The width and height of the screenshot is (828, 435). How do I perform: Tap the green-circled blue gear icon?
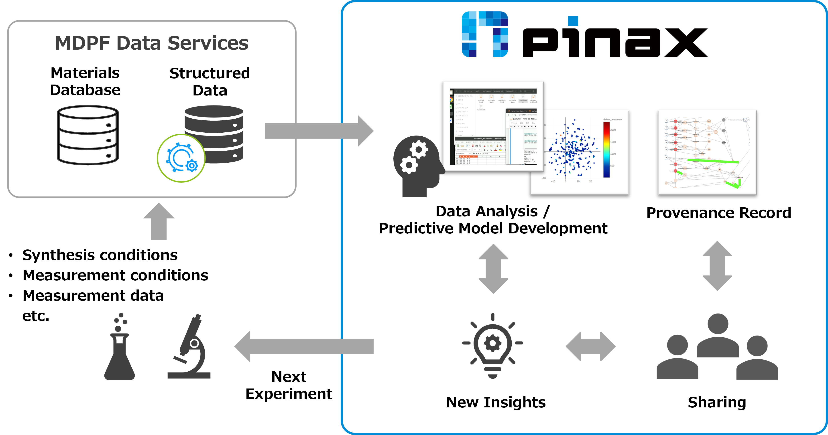click(x=181, y=158)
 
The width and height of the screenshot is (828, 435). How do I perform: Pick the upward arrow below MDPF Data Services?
click(x=159, y=222)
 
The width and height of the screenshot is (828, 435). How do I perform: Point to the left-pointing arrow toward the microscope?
click(x=304, y=346)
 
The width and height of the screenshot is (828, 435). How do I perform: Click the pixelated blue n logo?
click(x=485, y=34)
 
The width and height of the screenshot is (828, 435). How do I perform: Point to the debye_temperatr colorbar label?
click(x=612, y=119)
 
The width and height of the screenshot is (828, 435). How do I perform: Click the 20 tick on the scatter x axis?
click(x=590, y=182)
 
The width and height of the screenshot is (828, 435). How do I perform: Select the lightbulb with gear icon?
click(x=492, y=345)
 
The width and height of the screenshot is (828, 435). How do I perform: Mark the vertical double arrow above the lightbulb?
click(x=493, y=269)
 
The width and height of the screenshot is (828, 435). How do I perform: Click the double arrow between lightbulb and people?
click(x=590, y=346)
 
